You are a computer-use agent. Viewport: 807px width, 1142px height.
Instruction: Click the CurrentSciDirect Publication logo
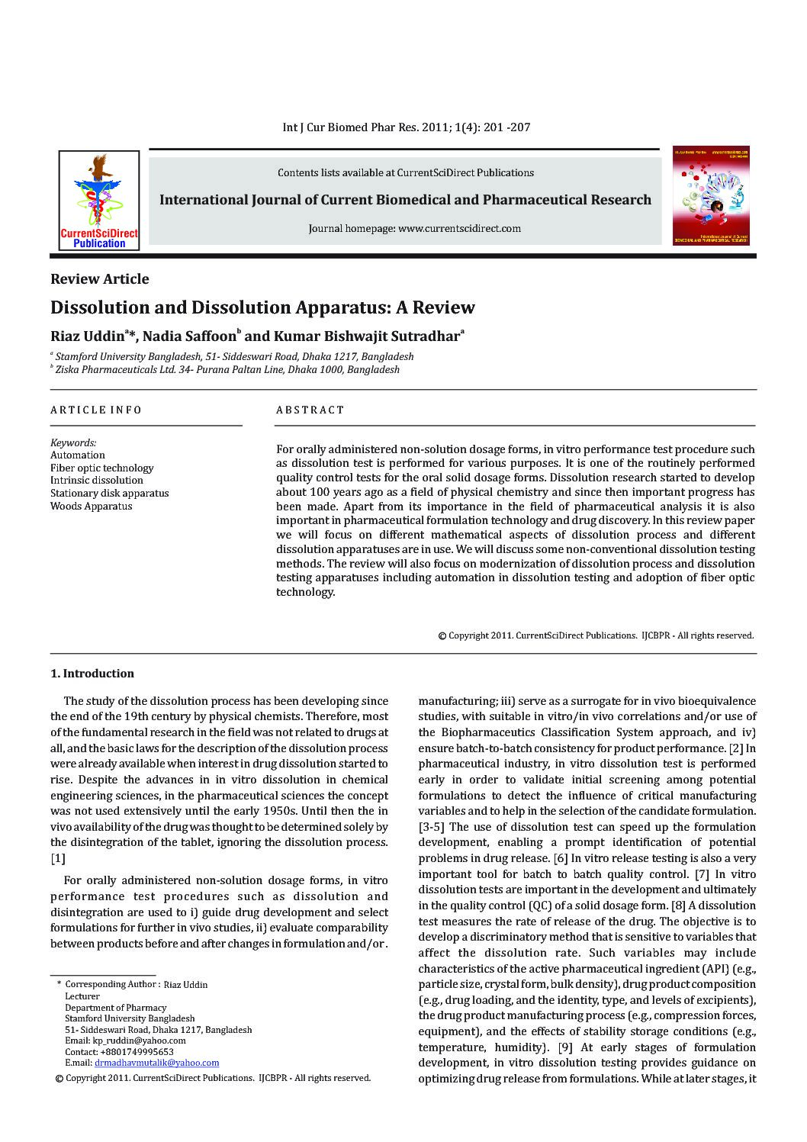pos(99,201)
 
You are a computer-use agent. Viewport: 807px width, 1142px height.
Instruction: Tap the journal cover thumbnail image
pos(711,196)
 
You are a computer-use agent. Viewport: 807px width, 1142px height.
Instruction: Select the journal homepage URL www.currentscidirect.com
pos(459,228)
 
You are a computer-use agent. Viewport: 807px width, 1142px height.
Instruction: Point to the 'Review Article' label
pos(100,279)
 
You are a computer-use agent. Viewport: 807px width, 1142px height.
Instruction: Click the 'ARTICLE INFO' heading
pos(96,410)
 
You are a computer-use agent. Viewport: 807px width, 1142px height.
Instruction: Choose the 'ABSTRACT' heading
pos(310,410)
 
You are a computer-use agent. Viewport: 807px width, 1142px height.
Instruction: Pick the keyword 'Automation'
pos(78,455)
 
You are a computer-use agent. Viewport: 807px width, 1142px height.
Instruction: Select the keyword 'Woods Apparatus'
pos(91,507)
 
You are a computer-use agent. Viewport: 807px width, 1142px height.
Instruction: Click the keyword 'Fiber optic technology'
pos(101,468)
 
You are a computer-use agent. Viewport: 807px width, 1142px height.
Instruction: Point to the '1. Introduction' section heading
pos(92,674)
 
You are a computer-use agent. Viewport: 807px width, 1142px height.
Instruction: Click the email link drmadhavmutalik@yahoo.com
pos(156,1063)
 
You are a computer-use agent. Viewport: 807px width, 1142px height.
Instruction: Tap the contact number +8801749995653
pos(130,1052)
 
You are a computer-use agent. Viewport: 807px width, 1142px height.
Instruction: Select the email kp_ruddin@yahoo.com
pos(137,1041)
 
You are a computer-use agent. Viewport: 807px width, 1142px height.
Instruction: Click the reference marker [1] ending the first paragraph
pos(58,858)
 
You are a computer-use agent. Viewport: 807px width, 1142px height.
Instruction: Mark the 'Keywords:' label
pos(73,442)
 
